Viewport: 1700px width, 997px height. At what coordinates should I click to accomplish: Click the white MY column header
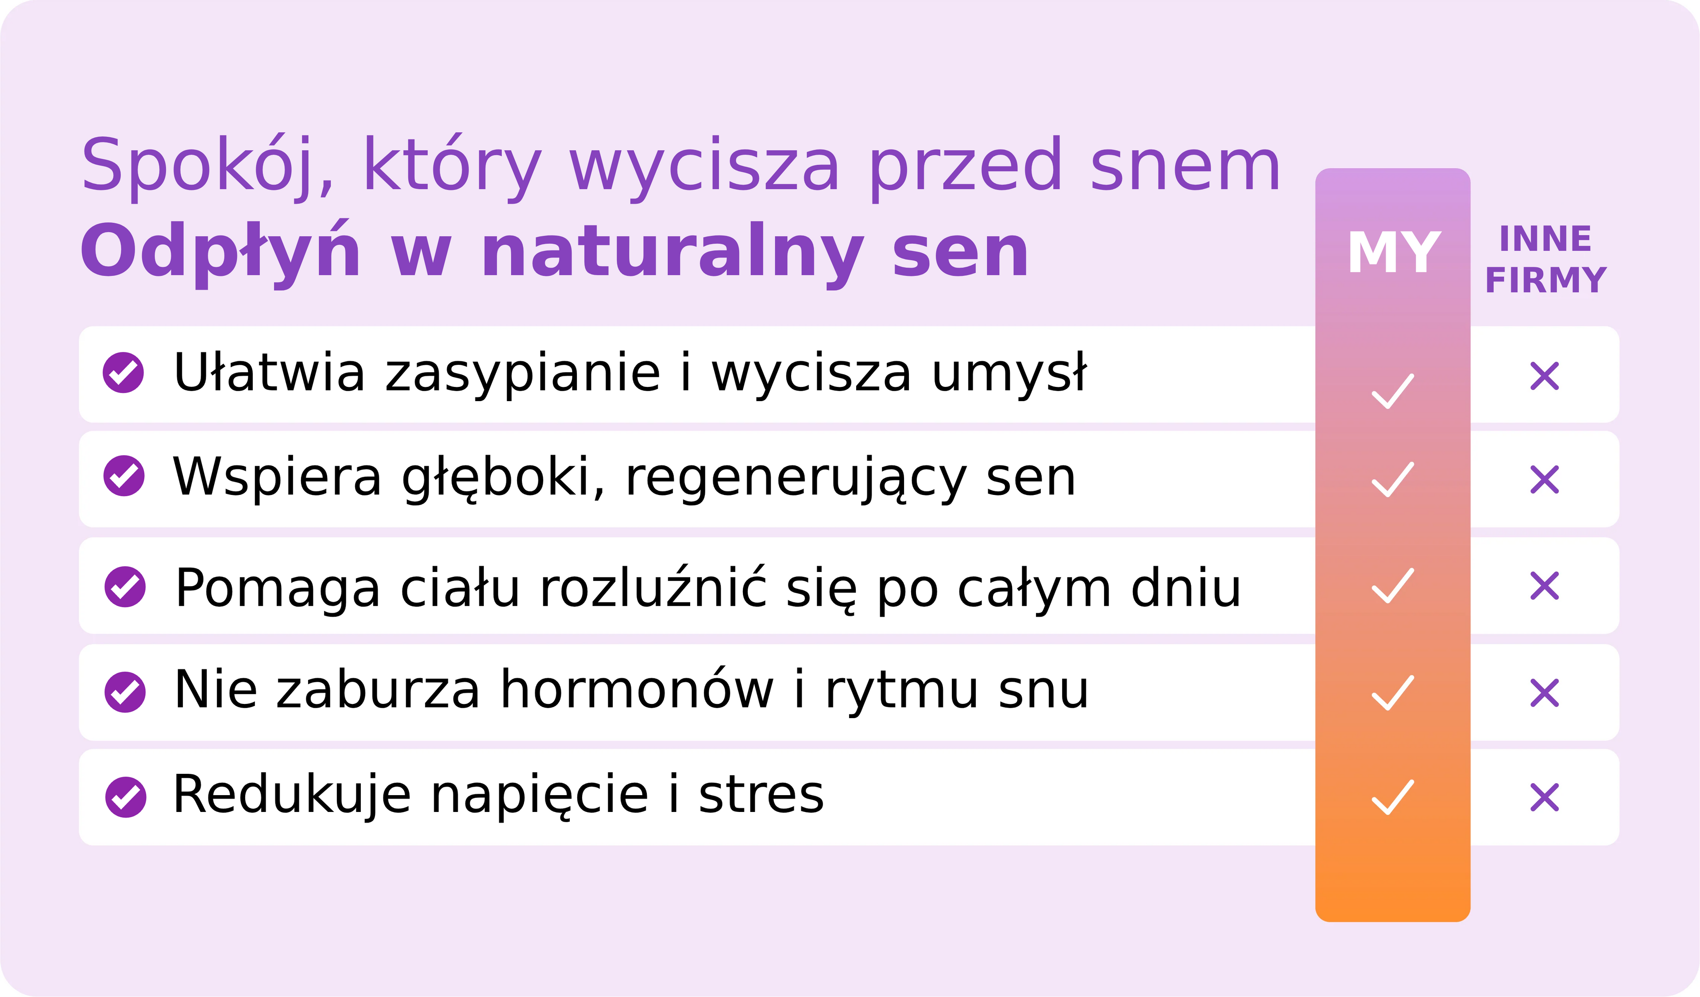(1394, 252)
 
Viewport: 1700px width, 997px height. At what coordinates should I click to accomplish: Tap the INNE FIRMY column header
(1545, 260)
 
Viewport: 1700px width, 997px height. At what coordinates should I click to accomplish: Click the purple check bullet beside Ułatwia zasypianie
(124, 372)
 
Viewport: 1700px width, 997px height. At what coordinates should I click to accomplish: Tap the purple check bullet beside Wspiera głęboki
(124, 476)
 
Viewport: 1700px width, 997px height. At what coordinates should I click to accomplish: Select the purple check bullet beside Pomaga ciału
(125, 587)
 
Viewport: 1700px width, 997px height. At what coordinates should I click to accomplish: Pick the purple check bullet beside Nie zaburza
(125, 692)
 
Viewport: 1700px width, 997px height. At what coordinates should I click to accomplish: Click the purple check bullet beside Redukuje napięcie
(125, 797)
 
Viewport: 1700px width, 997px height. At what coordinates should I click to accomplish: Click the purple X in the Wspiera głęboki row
(1545, 479)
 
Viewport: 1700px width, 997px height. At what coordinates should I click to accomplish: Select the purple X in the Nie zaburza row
(1545, 693)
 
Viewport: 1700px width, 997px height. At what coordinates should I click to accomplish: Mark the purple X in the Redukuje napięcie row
(1545, 797)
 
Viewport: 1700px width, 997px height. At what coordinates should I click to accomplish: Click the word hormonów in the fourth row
(637, 689)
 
